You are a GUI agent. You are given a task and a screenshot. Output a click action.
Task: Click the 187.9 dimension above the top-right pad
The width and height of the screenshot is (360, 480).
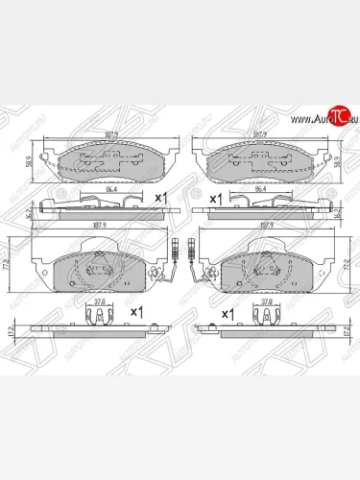click(256, 135)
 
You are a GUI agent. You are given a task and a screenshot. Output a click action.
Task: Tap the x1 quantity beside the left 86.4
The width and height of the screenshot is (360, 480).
click(161, 197)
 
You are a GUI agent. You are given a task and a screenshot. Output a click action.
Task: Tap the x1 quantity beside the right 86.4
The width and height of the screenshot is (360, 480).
click(216, 197)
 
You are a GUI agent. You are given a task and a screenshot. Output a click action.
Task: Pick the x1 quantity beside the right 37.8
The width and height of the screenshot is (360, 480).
click(228, 313)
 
